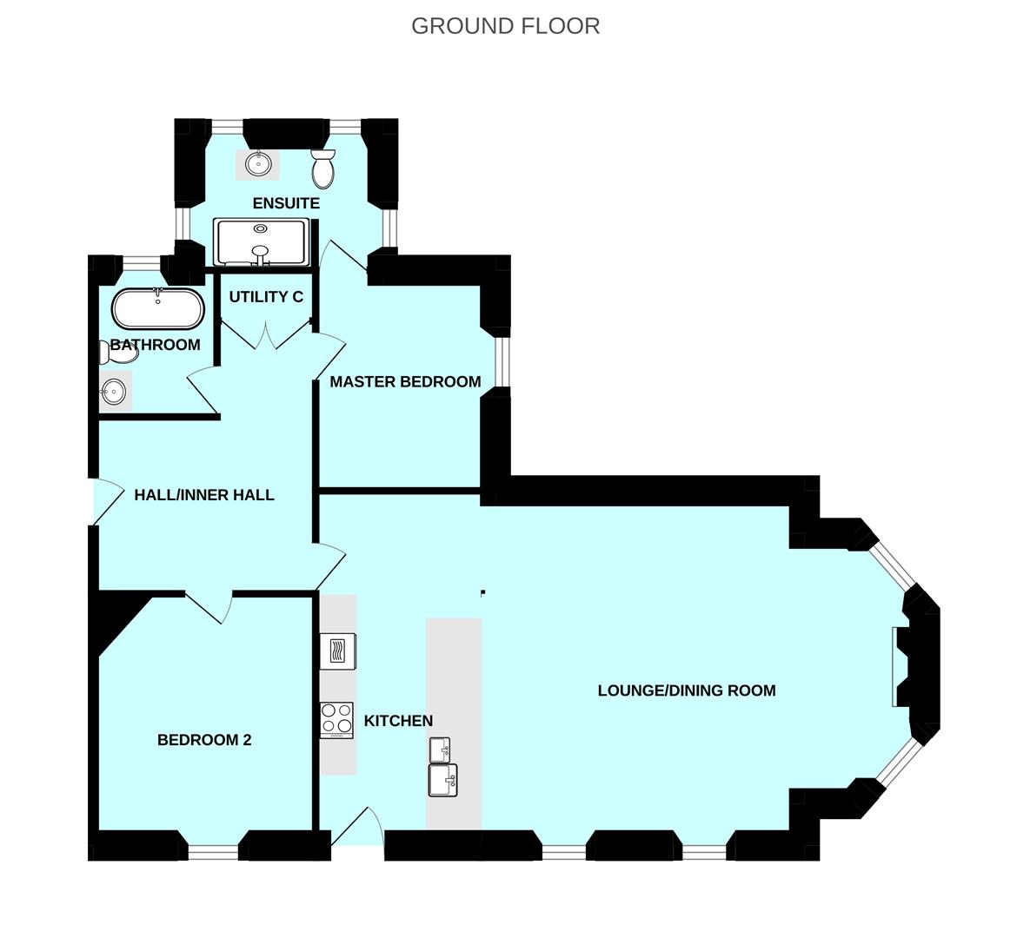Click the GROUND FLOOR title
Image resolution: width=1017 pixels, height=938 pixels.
click(x=505, y=26)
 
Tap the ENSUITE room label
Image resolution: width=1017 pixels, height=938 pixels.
click(x=286, y=203)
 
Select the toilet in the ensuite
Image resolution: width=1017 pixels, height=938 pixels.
click(x=323, y=168)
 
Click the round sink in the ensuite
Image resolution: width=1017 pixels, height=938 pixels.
click(x=258, y=163)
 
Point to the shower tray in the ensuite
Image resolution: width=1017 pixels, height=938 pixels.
click(x=261, y=241)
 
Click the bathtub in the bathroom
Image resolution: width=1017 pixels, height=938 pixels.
click(x=157, y=308)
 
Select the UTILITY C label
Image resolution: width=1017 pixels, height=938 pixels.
click(x=266, y=297)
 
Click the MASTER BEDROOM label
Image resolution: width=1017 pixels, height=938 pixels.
click(x=405, y=381)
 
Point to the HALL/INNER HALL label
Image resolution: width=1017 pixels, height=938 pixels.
click(x=204, y=495)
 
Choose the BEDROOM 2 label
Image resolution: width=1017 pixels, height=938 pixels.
click(x=204, y=740)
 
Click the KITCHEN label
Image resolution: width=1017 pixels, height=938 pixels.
click(x=398, y=721)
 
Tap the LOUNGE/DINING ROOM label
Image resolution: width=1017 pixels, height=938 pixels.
click(x=687, y=690)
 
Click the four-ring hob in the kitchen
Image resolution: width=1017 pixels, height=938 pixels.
click(x=337, y=719)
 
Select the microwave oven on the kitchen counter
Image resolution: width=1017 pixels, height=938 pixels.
click(x=338, y=651)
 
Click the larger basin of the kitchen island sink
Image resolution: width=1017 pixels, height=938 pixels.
click(x=442, y=779)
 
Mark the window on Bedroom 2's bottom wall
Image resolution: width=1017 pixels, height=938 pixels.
click(x=214, y=853)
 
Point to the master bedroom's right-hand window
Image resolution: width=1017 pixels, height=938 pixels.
click(x=501, y=361)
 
